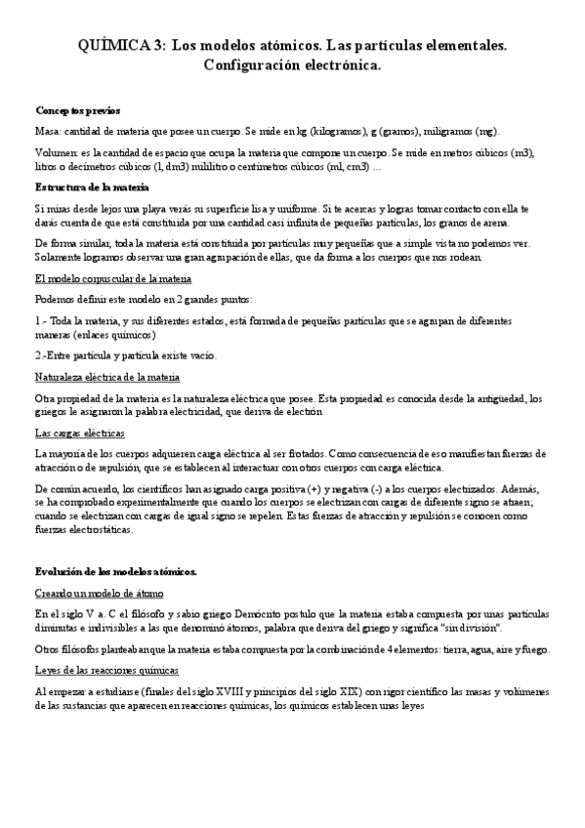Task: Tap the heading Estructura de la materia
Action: click(x=92, y=186)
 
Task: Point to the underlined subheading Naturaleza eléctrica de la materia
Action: click(x=106, y=376)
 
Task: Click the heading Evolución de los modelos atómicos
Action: click(x=116, y=571)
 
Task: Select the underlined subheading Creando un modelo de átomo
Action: click(x=99, y=593)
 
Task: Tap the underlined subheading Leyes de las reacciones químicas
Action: click(x=106, y=669)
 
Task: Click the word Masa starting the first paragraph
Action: click(x=47, y=130)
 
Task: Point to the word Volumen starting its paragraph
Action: click(x=55, y=153)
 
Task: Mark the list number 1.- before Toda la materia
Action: click(x=41, y=320)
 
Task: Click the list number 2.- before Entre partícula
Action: click(x=41, y=354)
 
